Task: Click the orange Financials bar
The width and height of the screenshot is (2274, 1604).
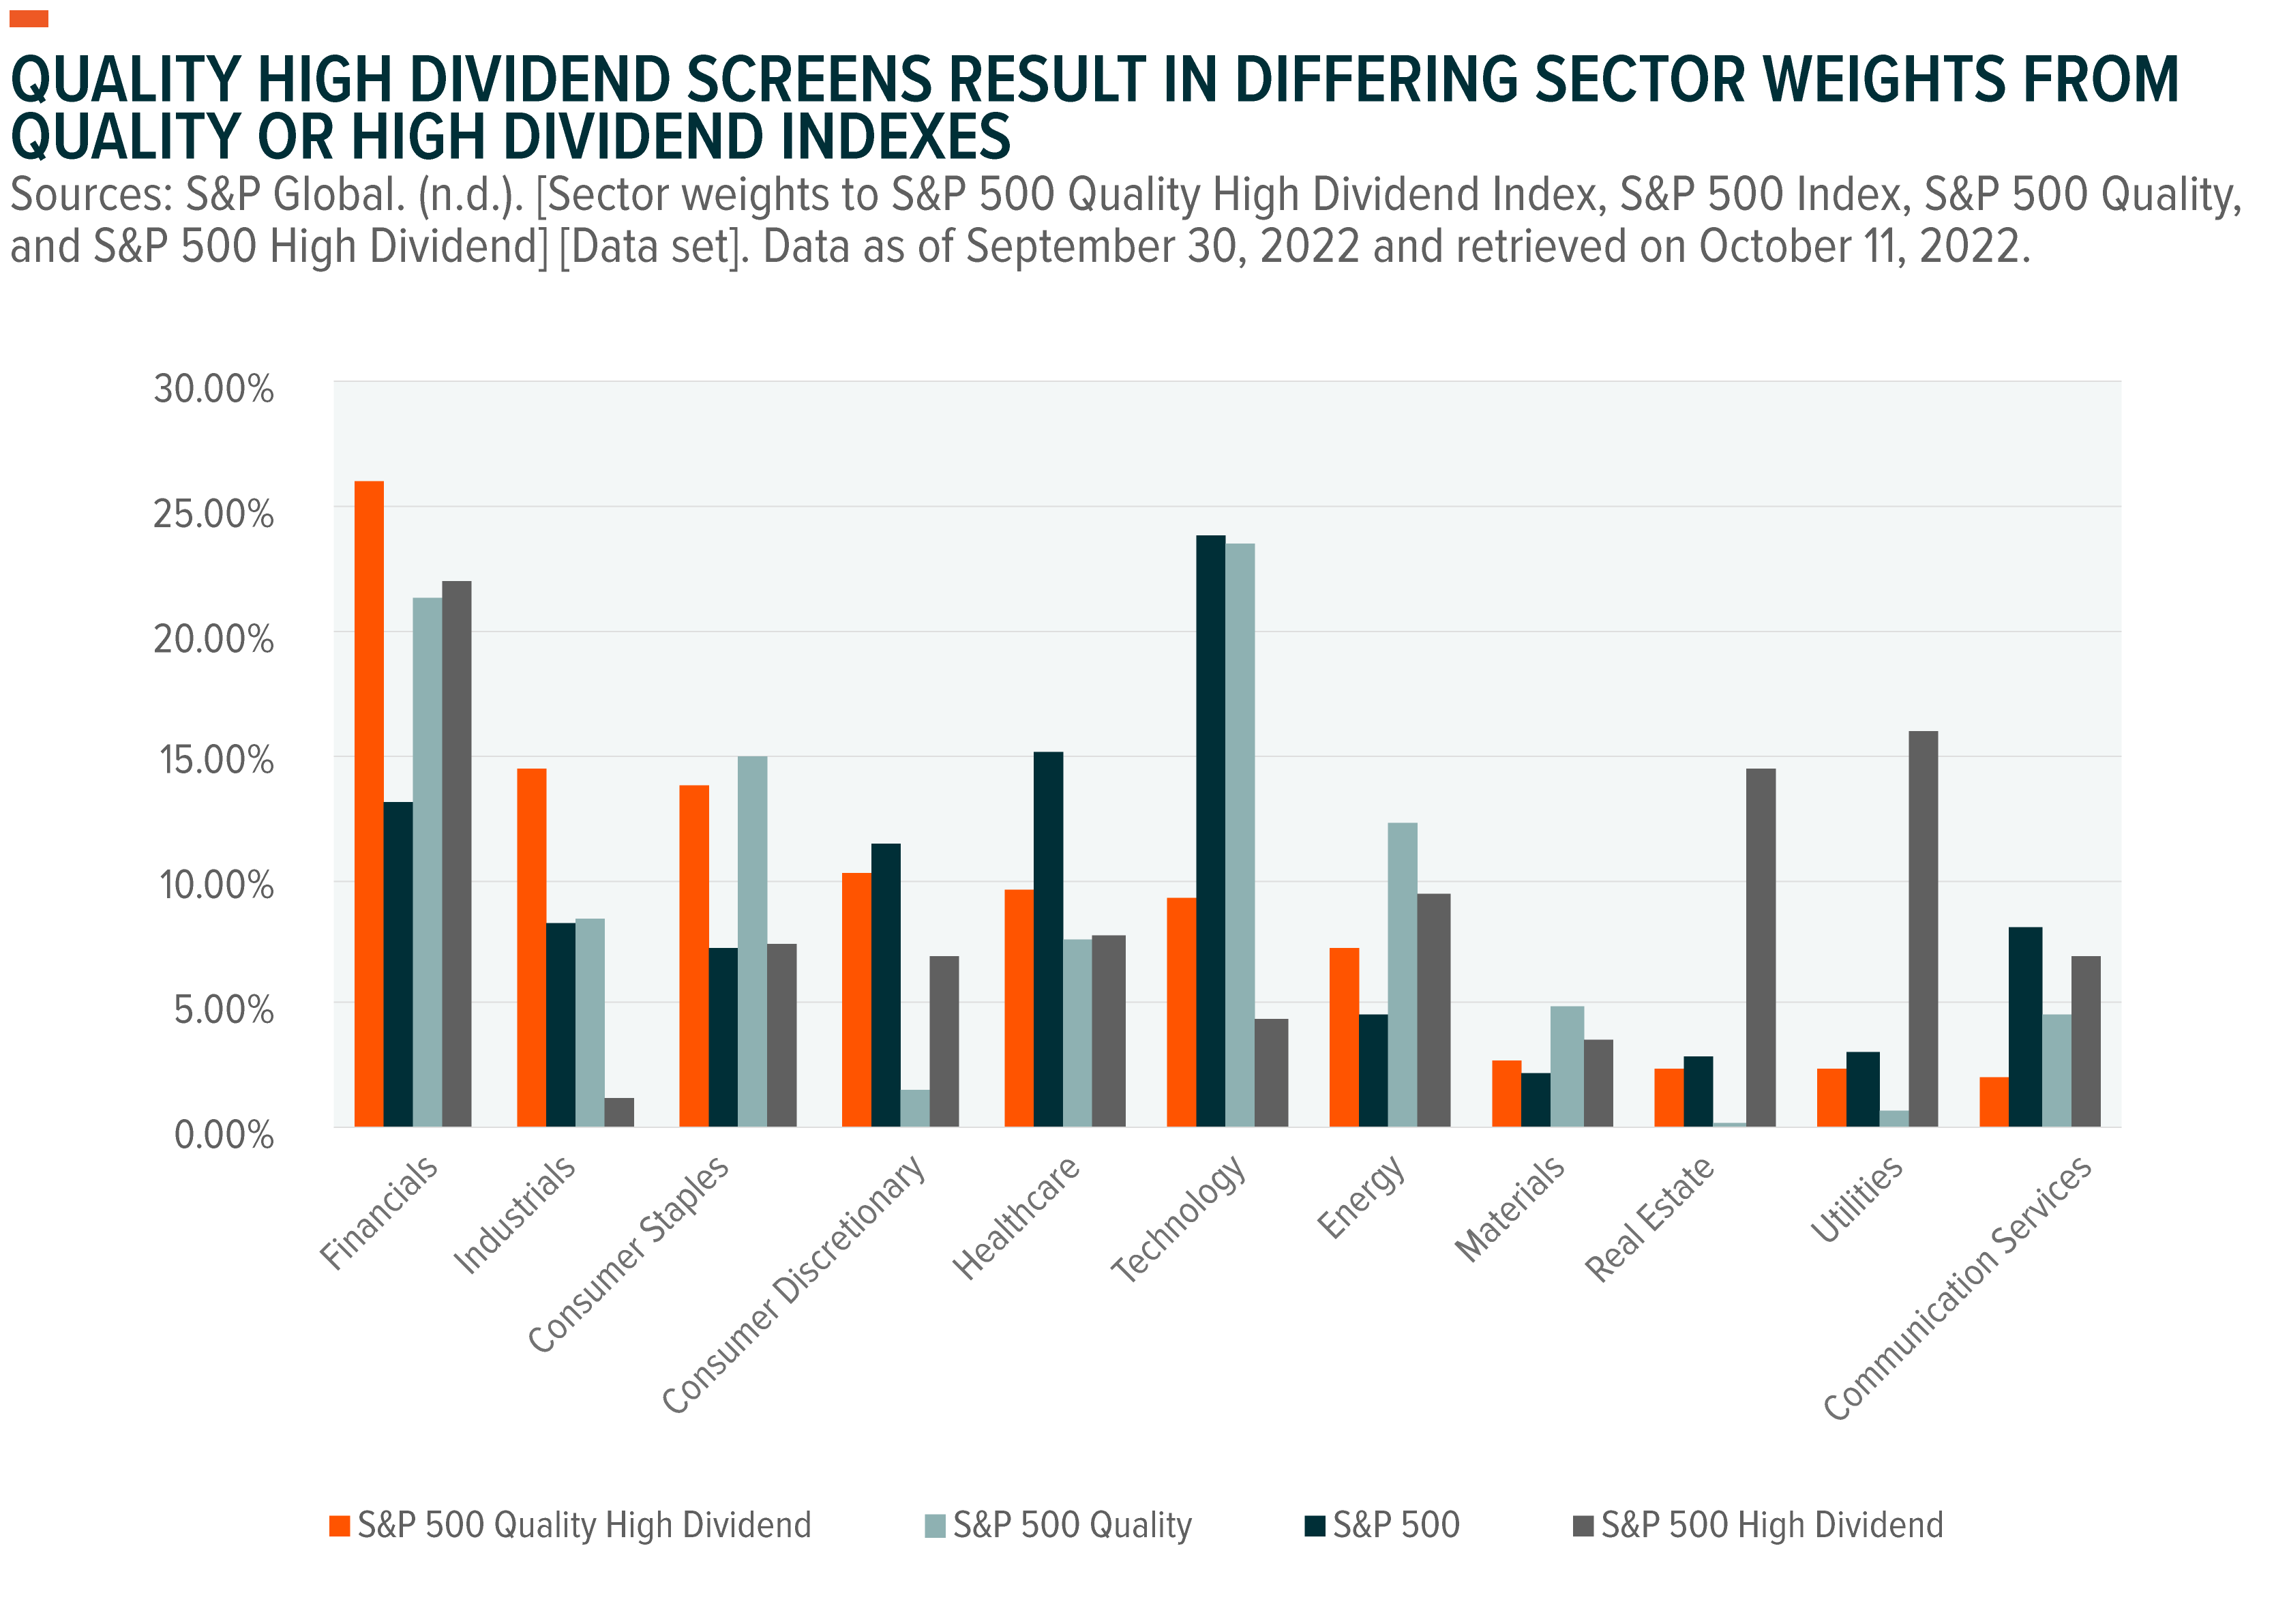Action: (x=368, y=803)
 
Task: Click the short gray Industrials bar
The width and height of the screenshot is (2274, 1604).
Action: (x=619, y=1112)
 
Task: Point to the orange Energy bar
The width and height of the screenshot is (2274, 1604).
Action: (x=1344, y=1037)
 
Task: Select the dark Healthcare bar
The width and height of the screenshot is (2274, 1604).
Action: (x=1048, y=938)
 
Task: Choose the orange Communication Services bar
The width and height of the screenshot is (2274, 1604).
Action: (x=1994, y=1101)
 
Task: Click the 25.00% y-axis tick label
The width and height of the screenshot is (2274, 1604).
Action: (x=213, y=514)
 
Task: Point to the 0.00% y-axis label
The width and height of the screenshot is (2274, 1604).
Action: (x=224, y=1134)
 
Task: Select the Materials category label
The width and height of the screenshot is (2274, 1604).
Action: (x=1510, y=1208)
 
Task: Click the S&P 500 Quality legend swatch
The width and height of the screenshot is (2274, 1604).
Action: (x=934, y=1526)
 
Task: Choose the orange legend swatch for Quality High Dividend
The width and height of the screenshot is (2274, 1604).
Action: (x=340, y=1526)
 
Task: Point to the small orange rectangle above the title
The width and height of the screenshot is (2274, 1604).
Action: (x=28, y=19)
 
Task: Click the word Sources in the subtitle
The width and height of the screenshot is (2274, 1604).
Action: (x=90, y=195)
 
